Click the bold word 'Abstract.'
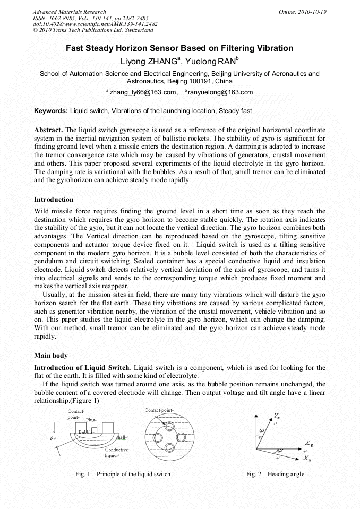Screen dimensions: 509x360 48,130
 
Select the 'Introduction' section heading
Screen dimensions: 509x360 54,200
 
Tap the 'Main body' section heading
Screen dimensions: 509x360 50,355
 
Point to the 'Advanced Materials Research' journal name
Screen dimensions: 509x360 69,12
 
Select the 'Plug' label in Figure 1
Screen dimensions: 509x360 91,420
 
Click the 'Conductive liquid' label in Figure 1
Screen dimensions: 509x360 116,452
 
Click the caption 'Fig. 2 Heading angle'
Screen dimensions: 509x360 275,474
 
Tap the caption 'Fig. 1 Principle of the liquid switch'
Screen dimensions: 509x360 123,474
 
